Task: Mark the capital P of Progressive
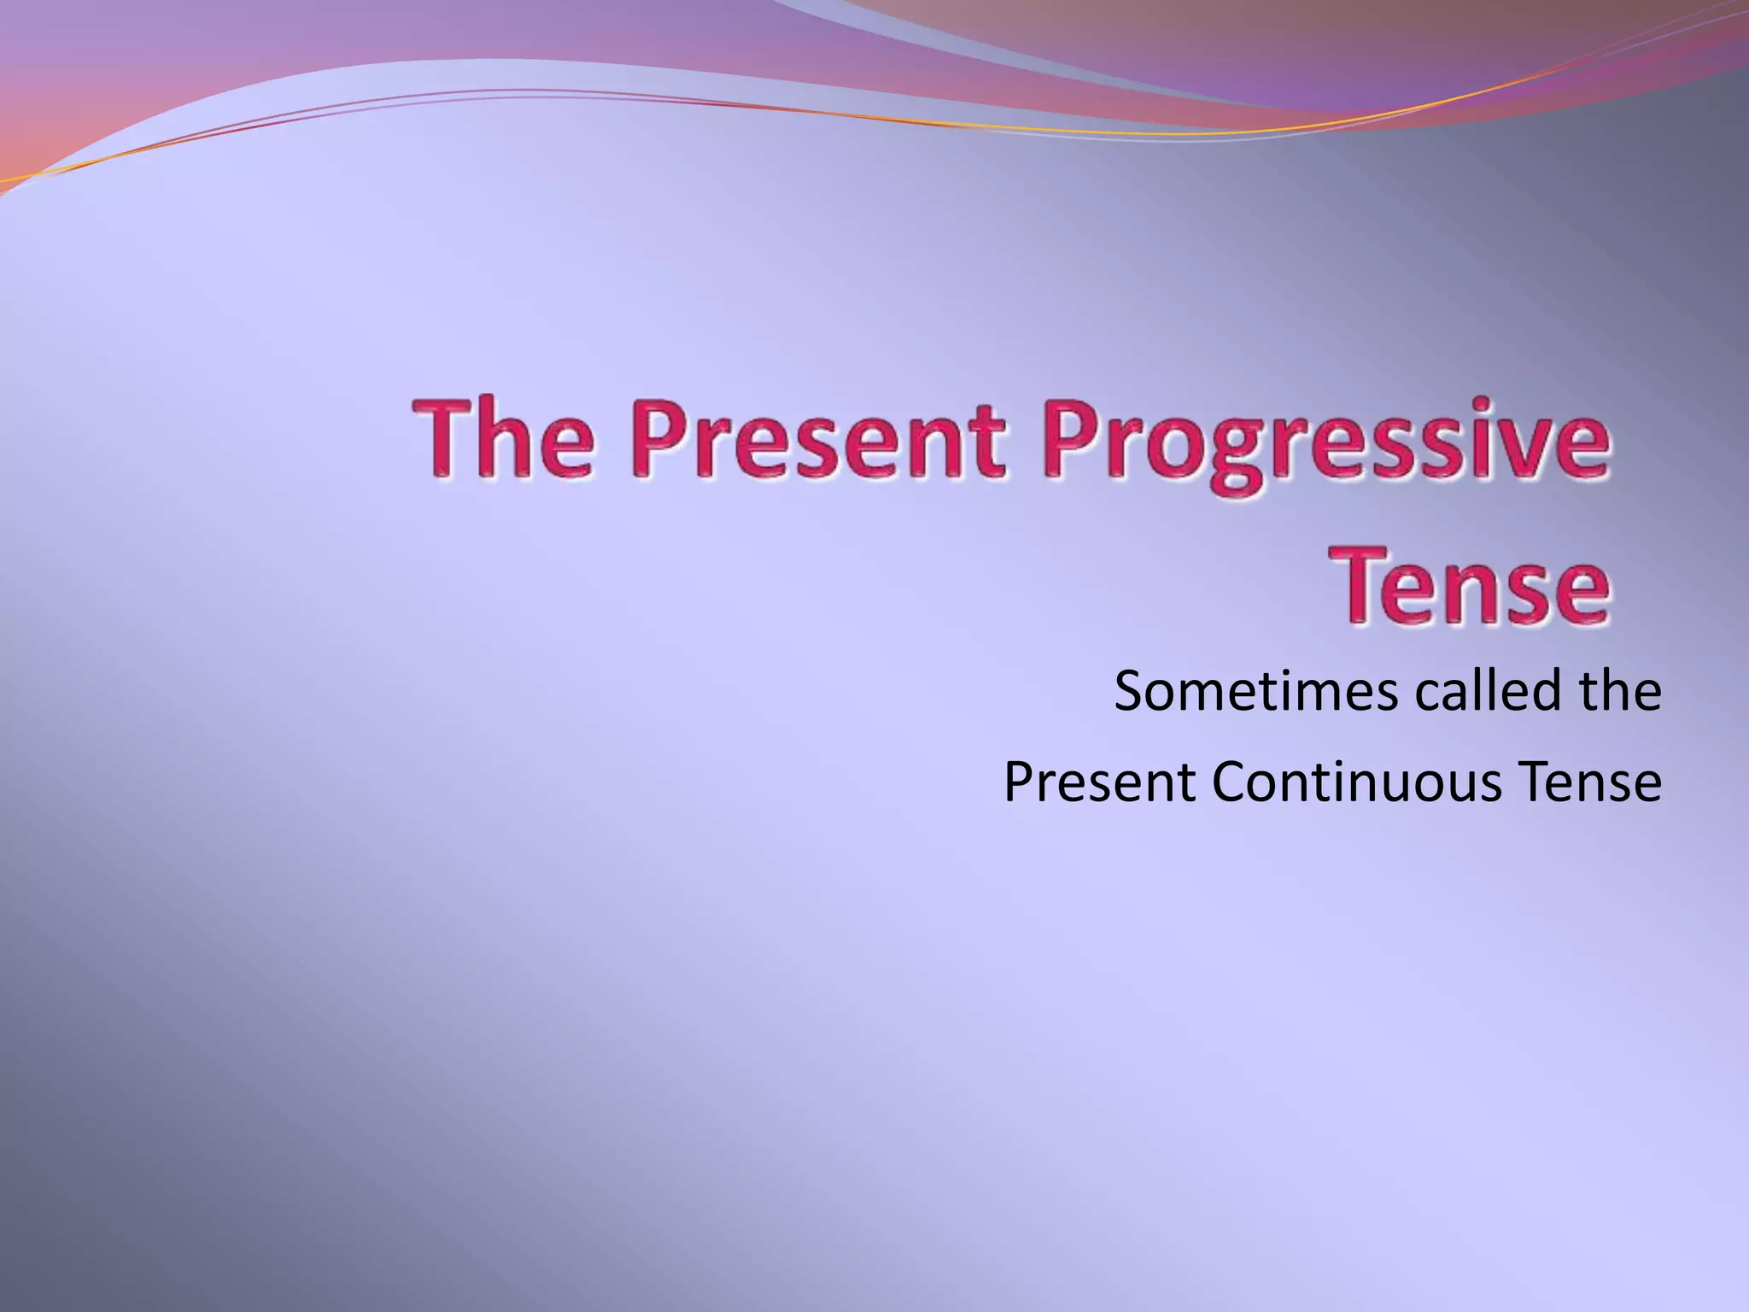click(1068, 442)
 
